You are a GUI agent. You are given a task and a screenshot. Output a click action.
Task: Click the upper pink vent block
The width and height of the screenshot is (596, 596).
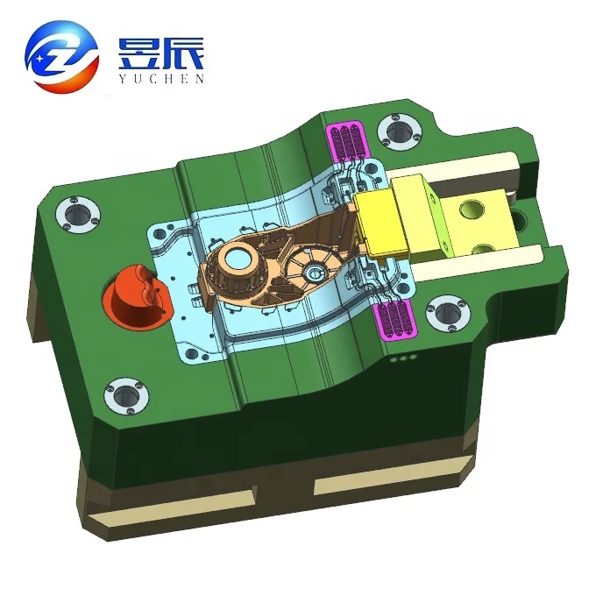point(344,141)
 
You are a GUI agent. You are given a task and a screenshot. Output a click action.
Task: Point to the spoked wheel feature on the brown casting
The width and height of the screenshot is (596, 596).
point(308,267)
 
